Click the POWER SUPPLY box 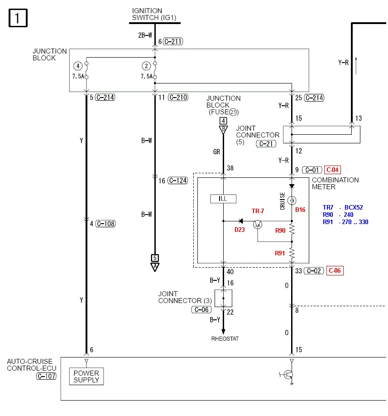pos(86,376)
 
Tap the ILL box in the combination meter pos(223,198)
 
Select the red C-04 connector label pos(332,170)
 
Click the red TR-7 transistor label pos(259,211)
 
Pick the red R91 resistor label pos(280,253)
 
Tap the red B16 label pos(300,210)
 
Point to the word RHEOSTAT pos(225,338)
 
